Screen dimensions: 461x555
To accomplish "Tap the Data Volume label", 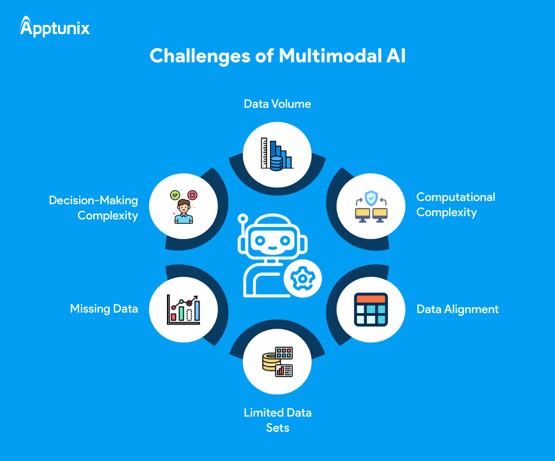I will coord(277,104).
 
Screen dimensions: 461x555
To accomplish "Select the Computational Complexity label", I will coord(455,205).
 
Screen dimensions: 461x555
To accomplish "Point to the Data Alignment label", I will coord(457,309).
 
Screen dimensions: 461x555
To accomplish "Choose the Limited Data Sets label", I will coord(277,420).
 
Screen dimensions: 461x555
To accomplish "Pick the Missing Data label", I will coord(104,309).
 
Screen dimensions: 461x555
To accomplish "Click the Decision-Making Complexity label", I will coord(93,208).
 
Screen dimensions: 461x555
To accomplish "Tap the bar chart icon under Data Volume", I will coord(276,154).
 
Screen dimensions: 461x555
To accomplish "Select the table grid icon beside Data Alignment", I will coord(371,309).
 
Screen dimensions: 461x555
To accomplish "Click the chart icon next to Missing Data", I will coord(184,309).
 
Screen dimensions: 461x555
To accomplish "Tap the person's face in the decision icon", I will coord(184,206).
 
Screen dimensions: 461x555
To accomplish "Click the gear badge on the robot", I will coord(302,278).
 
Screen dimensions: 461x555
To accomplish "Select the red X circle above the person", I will coord(192,195).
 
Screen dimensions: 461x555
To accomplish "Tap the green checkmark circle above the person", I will coord(175,194).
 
